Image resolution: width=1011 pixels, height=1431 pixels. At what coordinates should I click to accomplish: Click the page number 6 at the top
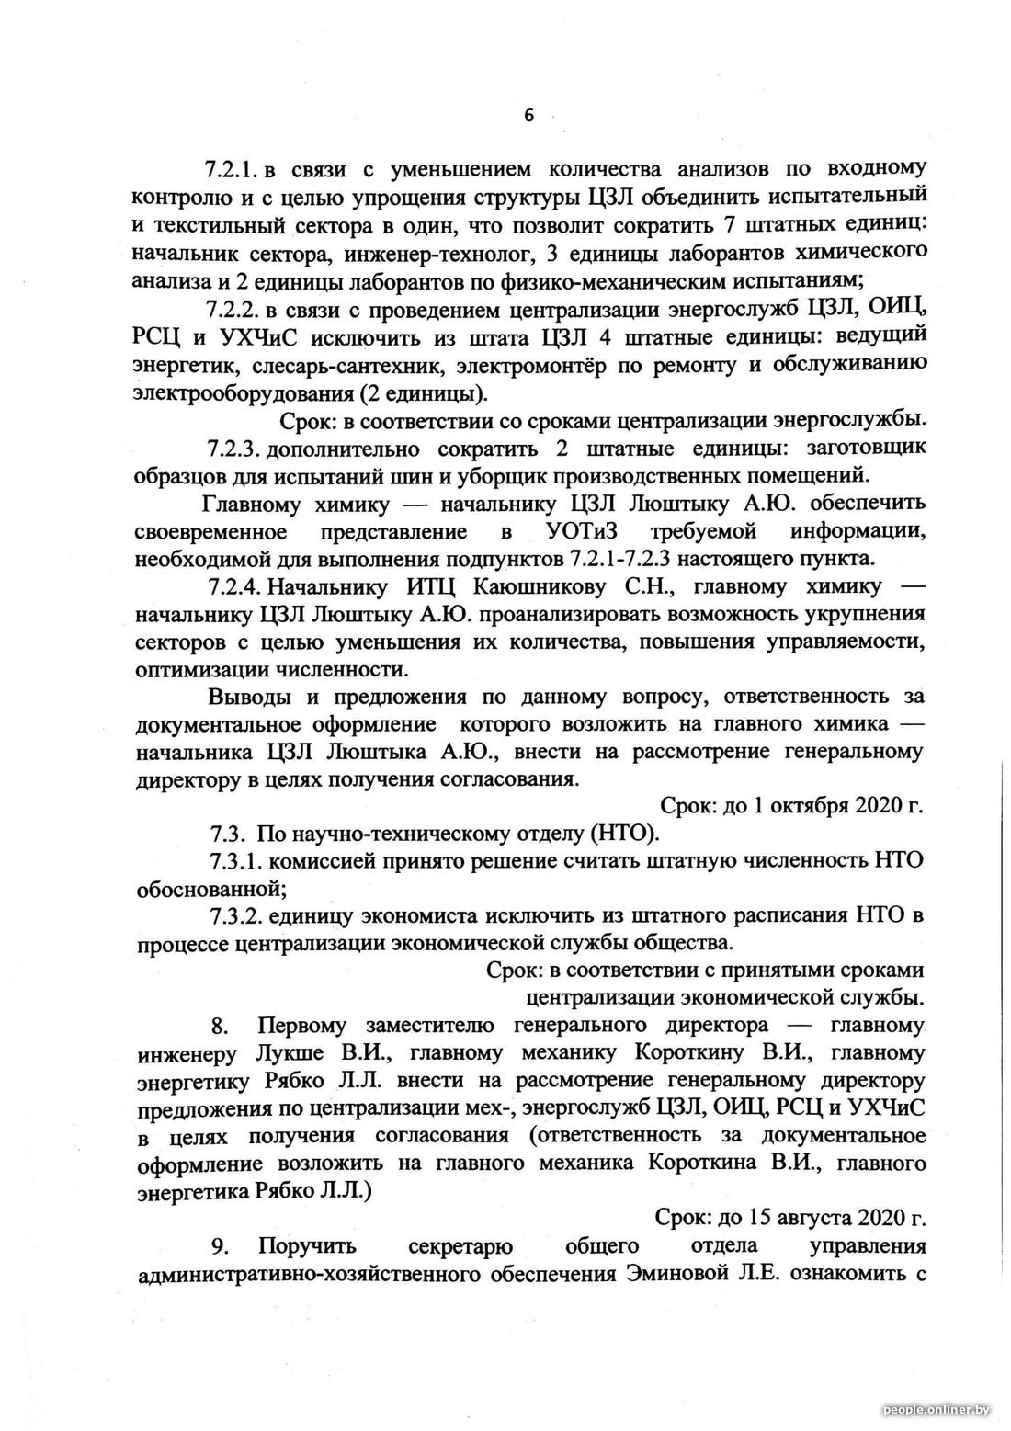click(x=528, y=115)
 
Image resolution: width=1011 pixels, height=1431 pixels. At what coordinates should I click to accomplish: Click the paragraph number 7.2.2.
click(x=233, y=309)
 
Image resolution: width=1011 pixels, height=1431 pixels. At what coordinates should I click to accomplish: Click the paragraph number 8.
click(x=220, y=1026)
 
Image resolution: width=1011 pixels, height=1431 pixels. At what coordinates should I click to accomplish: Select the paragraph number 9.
click(x=220, y=1246)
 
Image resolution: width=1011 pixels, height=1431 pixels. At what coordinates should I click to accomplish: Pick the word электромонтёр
click(x=528, y=365)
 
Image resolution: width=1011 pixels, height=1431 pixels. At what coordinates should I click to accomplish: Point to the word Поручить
click(x=307, y=1246)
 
